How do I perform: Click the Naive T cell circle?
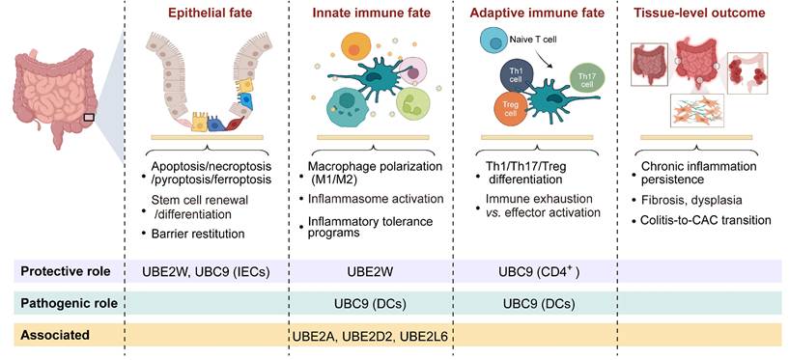pos(493,41)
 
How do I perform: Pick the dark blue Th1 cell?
pos(513,77)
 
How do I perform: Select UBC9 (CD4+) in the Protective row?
pos(538,271)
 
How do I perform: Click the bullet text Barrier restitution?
pos(199,233)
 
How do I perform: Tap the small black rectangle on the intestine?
pos(89,118)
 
